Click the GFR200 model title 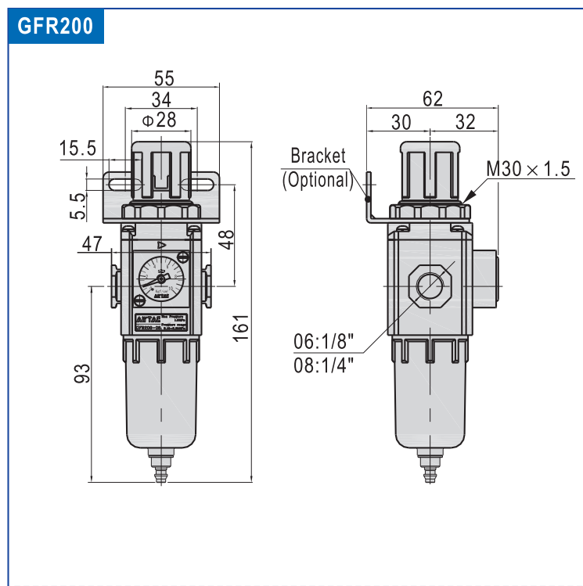(x=55, y=26)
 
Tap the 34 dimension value (x=162, y=99)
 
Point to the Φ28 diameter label (x=160, y=120)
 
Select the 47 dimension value (x=92, y=244)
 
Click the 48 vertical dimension (x=227, y=239)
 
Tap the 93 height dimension (x=82, y=373)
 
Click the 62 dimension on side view (x=432, y=99)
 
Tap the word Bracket (x=318, y=156)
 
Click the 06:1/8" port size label (x=323, y=342)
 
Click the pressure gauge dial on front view (x=160, y=279)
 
